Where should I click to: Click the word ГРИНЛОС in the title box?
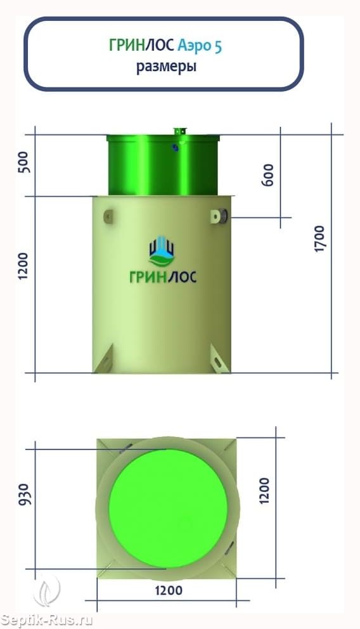tap(141, 46)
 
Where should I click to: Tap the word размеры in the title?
tap(166, 67)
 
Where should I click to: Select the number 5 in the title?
tap(217, 46)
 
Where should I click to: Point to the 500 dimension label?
tap(25, 162)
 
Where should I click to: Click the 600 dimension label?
tap(268, 174)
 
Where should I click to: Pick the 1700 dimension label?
tap(319, 239)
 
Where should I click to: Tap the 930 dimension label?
tap(25, 494)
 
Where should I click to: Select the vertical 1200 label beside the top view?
tap(264, 490)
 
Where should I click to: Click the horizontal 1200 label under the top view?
tap(169, 590)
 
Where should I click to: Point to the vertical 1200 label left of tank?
tap(24, 266)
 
